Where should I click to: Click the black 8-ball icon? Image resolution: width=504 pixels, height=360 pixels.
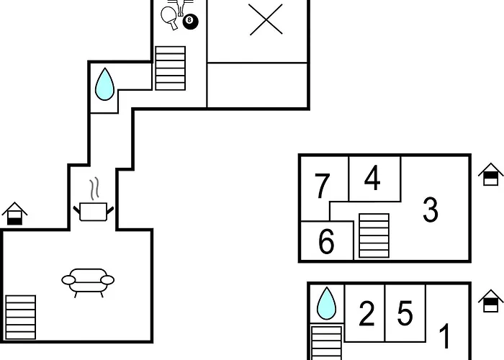click(190, 22)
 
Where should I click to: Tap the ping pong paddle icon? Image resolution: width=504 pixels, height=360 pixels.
click(169, 17)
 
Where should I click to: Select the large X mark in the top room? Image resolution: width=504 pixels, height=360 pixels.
click(266, 19)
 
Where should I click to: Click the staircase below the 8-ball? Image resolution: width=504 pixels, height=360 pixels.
click(171, 68)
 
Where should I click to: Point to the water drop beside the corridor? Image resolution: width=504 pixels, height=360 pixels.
click(104, 84)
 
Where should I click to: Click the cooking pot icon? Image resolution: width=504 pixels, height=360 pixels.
click(93, 212)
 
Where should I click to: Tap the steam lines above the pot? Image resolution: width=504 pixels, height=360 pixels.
click(94, 189)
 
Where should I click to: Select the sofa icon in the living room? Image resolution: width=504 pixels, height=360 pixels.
click(88, 282)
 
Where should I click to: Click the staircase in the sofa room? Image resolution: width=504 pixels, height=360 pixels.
click(21, 318)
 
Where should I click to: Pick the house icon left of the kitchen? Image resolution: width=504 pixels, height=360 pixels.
click(14, 213)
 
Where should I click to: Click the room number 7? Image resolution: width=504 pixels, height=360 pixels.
click(322, 186)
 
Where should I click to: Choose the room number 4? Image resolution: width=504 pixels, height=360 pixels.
click(372, 178)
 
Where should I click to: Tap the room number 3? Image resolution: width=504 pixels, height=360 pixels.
click(431, 210)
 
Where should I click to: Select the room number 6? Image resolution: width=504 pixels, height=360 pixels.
click(326, 241)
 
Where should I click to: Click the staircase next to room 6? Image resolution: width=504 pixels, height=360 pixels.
click(374, 235)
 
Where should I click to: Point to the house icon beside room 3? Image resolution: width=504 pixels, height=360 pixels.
click(490, 174)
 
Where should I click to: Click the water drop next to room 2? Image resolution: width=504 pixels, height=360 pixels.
click(327, 303)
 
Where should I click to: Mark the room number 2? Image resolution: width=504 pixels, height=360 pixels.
click(366, 313)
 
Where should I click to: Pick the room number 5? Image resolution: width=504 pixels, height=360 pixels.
click(405, 312)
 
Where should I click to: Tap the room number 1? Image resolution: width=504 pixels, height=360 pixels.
click(444, 336)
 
